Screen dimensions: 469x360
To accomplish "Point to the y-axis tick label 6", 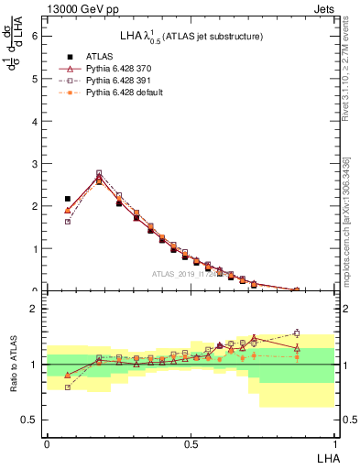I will [36, 36].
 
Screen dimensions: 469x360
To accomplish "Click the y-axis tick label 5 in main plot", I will [36, 79].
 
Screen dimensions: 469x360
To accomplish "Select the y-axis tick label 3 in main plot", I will [36, 164].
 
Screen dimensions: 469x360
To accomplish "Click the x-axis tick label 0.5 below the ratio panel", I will [190, 442].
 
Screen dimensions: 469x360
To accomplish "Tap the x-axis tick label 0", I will [47, 442].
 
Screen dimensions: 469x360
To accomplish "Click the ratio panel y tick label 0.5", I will [30, 420].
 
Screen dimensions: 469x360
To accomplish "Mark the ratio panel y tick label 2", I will [36, 309].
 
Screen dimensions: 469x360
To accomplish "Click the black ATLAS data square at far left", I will [67, 198].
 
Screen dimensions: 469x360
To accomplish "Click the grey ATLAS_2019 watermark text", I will [192, 273].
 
